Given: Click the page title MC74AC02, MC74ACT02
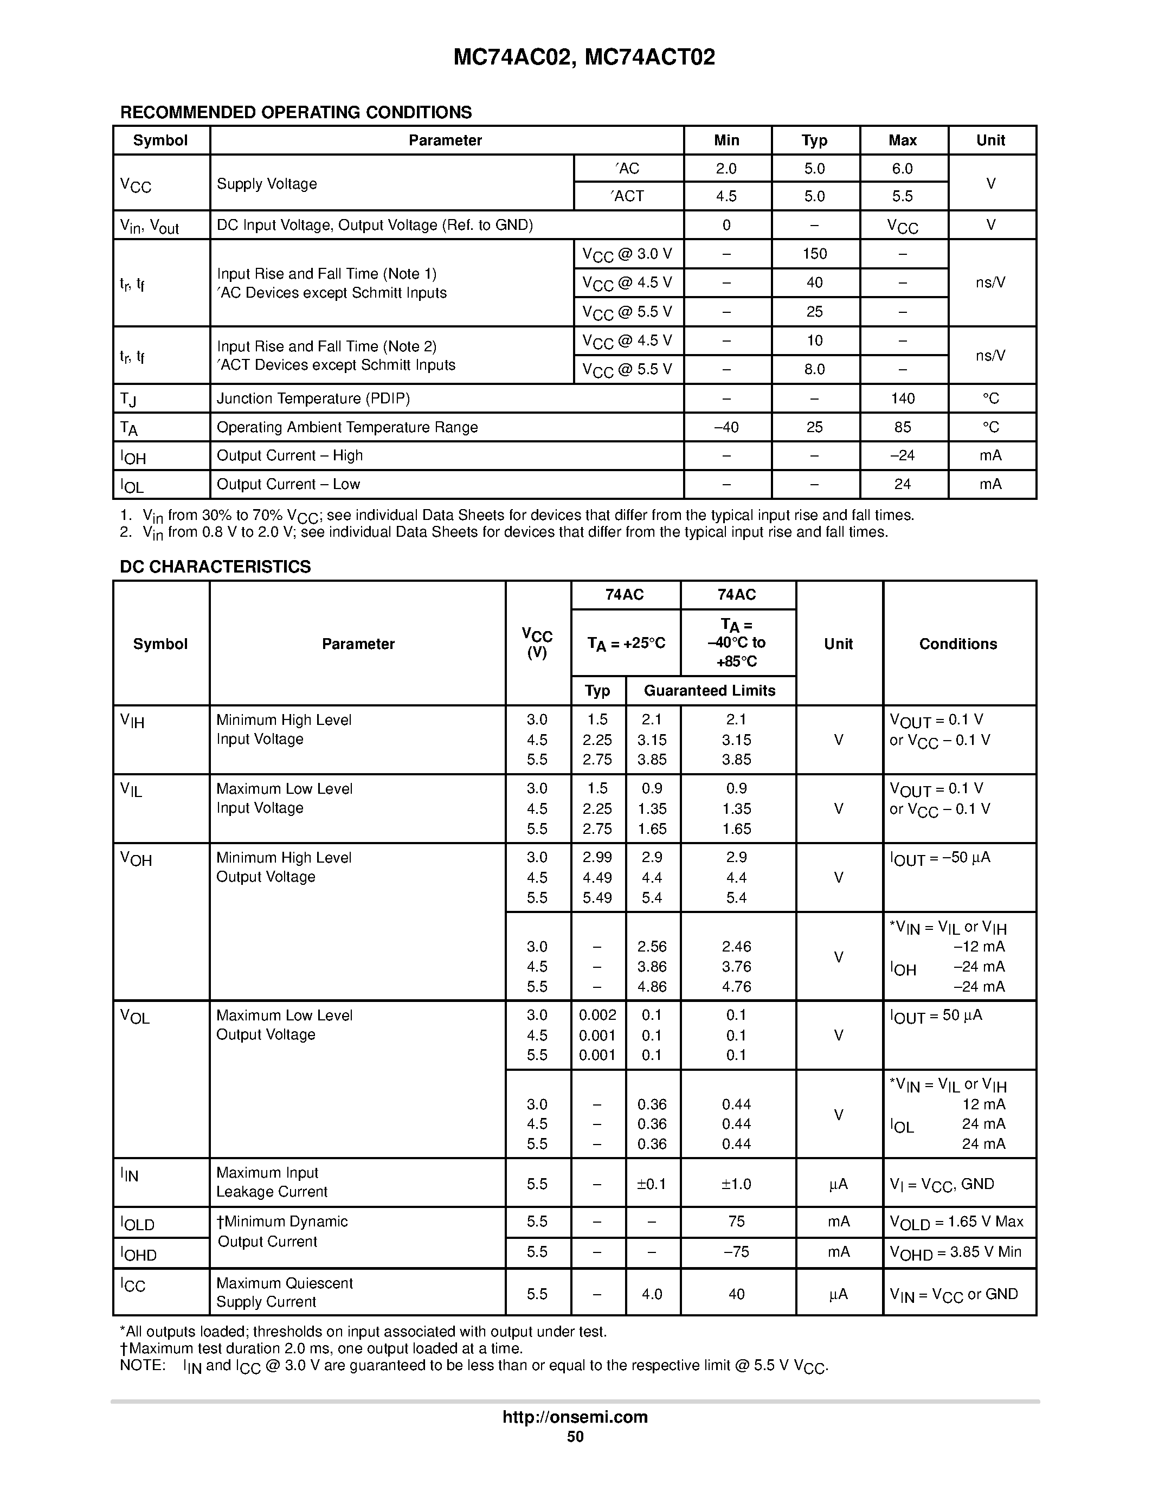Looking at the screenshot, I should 584,57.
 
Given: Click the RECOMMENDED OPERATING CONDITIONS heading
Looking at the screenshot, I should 295,113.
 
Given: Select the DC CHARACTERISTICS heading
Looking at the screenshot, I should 215,567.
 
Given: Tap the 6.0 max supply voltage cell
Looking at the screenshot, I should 902,169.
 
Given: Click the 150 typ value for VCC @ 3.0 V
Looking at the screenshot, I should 814,254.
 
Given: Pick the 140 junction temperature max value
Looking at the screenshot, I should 902,399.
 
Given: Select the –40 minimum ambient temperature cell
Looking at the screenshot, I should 725,427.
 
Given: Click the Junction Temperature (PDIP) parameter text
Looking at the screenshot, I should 313,399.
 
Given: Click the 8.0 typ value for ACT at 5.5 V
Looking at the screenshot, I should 814,369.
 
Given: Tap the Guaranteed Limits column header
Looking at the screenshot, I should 709,691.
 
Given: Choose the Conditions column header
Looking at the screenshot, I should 957,644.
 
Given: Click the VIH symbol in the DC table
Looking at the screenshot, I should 132,721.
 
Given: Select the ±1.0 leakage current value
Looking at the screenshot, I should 736,1184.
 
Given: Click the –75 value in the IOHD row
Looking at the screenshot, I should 736,1251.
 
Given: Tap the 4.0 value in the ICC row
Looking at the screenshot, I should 652,1294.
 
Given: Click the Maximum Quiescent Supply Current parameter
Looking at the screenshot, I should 284,1293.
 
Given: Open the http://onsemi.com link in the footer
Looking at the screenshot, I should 575,1417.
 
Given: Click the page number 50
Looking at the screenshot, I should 575,1436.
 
